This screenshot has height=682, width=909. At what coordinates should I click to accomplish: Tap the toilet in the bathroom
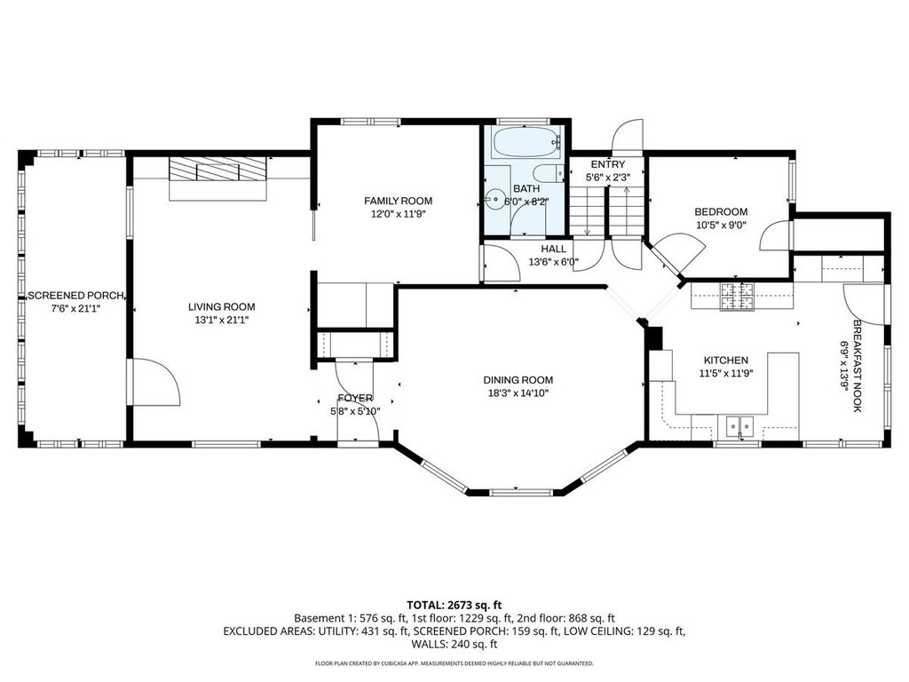pos(549,173)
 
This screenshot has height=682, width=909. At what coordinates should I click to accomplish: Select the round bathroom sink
pos(494,200)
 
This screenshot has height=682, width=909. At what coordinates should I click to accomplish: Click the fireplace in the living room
pos(218,171)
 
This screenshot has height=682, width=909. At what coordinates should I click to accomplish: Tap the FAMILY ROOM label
pos(399,202)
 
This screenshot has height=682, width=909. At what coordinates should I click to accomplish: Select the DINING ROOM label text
pos(518,380)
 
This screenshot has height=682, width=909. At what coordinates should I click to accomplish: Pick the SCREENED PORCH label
pos(76,295)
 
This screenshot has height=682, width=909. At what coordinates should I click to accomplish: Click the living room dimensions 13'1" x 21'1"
pos(221,320)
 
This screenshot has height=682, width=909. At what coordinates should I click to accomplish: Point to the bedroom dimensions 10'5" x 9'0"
pos(721,225)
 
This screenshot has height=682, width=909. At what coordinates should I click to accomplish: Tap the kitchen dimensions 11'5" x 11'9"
pos(726,374)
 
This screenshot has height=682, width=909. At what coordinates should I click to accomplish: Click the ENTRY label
pos(608,164)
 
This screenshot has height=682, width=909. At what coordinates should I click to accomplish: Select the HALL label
pos(554,250)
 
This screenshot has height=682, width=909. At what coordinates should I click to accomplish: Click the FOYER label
pos(355,399)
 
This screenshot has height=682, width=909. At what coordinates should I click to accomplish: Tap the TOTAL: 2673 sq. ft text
pos(454,606)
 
